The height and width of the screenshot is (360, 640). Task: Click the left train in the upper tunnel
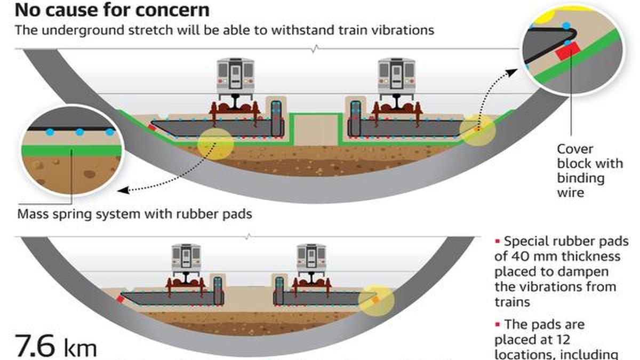235,77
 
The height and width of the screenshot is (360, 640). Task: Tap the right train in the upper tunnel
396,77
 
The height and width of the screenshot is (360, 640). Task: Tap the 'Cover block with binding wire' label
589,171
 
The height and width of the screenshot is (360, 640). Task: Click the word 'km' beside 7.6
81,348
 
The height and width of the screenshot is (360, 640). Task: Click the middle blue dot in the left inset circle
79,131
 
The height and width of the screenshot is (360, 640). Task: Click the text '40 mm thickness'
557,257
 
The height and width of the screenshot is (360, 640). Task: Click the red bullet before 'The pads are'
498,324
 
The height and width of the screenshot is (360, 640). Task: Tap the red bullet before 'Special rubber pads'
498,242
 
